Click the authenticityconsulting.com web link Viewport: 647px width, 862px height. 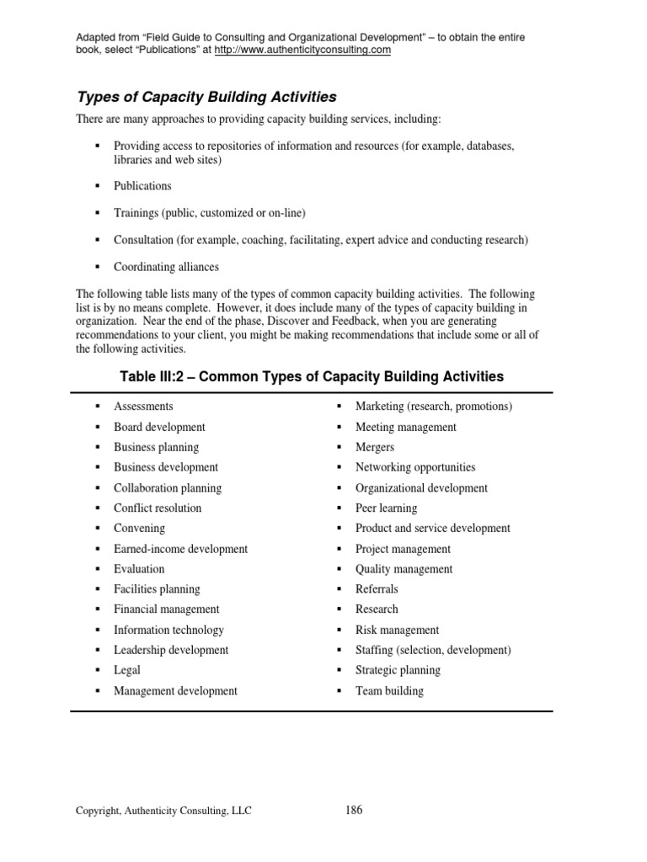coord(302,50)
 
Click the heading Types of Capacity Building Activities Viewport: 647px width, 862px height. coord(206,97)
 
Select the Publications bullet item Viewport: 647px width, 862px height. coord(142,186)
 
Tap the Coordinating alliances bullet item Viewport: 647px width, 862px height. coord(166,267)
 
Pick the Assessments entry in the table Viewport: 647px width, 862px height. coord(143,407)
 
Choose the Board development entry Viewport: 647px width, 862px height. coord(159,427)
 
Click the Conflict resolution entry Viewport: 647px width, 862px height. coord(158,508)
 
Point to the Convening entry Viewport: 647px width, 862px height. coord(139,529)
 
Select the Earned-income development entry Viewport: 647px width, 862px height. coord(180,549)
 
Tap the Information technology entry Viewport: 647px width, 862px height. coord(168,630)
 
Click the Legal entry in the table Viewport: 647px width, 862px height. coord(127,670)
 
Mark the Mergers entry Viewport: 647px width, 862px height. coord(374,447)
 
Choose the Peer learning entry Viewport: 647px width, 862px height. coord(386,508)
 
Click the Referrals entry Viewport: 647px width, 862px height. coord(377,589)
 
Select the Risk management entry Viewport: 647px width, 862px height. coord(397,630)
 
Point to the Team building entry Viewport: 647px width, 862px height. coord(389,691)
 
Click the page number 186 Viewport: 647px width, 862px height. coord(354,811)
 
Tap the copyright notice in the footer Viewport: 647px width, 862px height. coord(163,811)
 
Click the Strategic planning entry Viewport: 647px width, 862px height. coord(398,670)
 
